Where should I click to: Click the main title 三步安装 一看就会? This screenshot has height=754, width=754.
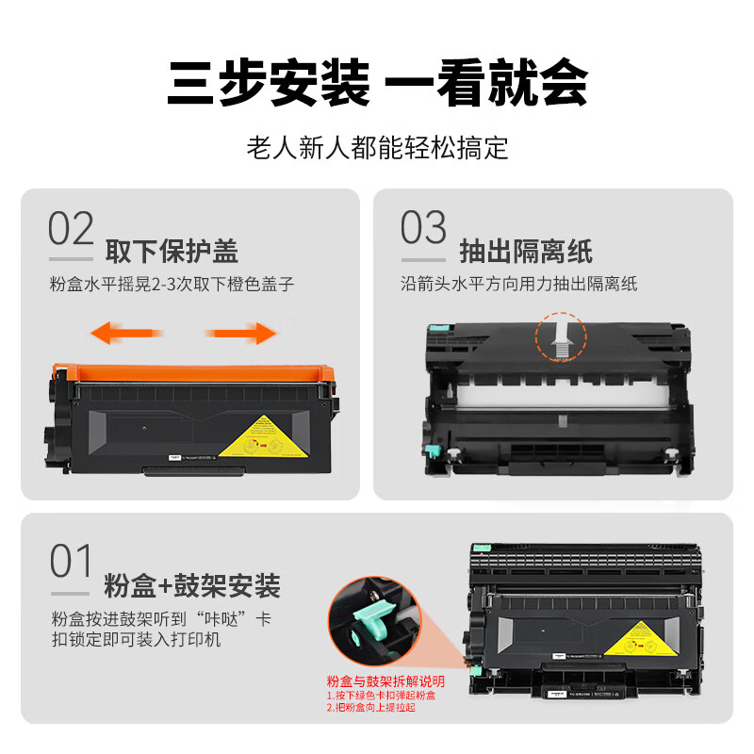377,84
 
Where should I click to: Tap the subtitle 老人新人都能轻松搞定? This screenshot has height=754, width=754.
377,148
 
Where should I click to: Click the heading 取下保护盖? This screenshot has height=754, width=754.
172,252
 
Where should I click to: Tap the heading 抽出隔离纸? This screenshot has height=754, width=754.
525,252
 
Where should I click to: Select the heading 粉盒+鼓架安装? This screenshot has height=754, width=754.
192,586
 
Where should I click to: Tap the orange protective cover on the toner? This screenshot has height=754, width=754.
193,369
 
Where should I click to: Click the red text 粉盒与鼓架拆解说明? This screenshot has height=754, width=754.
385,681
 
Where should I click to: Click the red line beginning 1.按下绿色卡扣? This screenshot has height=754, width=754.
382,696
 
